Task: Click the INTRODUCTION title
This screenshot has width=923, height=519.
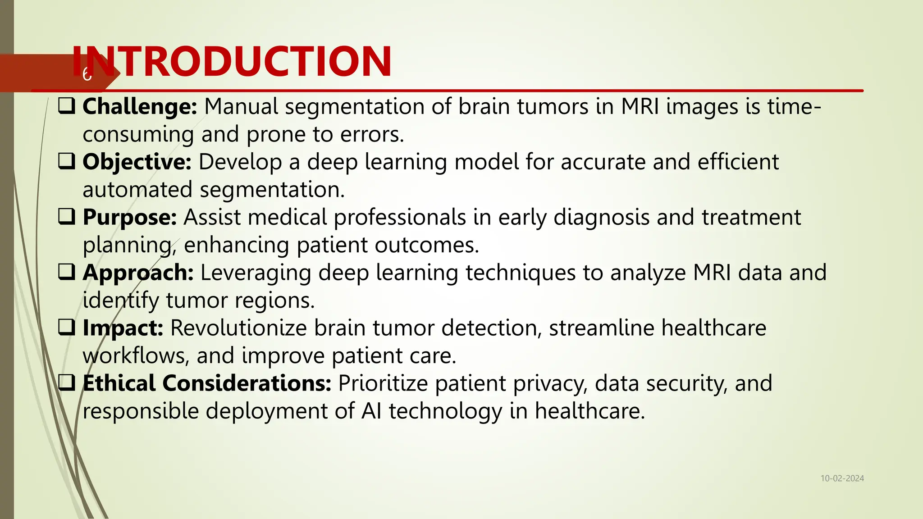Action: tap(232, 62)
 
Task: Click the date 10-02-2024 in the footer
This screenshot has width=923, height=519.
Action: tap(842, 478)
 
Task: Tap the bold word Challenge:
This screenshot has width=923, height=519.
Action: tap(140, 107)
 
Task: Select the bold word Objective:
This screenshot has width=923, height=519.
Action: tap(137, 162)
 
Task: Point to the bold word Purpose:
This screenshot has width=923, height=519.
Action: tap(130, 218)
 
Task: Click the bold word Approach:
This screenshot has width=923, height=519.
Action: tap(138, 273)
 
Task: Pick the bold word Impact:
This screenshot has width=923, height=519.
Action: tap(123, 328)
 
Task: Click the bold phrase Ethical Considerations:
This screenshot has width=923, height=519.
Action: tap(207, 383)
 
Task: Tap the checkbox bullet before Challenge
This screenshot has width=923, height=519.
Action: tap(67, 106)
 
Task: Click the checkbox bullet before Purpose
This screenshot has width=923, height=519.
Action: tap(67, 217)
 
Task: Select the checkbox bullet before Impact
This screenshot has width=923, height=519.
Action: tap(67, 328)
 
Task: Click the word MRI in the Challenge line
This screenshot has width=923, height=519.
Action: tap(640, 107)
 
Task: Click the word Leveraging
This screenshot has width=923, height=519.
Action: tap(256, 273)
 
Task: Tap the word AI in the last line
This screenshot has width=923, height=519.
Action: tap(371, 411)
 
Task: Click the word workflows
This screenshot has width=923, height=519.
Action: tap(134, 356)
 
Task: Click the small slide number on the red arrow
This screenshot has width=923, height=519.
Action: tap(87, 74)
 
